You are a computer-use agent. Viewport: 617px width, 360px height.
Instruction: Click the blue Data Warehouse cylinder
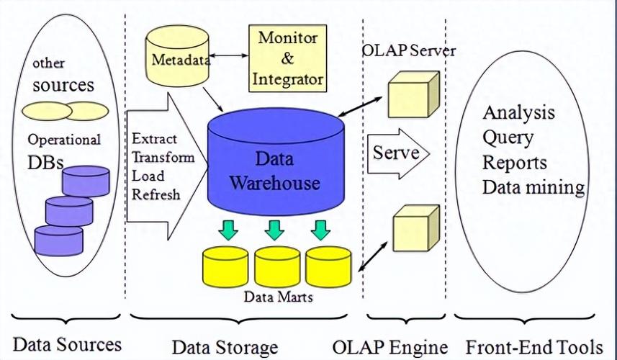pyautogui.click(x=274, y=169)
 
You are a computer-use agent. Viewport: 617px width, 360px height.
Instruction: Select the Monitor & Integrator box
pyautogui.click(x=286, y=57)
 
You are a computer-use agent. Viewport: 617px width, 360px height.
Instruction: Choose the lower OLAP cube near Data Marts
pyautogui.click(x=414, y=229)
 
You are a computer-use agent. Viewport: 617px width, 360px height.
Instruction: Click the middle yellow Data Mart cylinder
pyautogui.click(x=276, y=266)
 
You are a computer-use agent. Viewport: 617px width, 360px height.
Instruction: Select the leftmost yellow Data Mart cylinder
pyautogui.click(x=225, y=266)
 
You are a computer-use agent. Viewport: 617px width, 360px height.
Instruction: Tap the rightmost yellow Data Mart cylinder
pyautogui.click(x=328, y=266)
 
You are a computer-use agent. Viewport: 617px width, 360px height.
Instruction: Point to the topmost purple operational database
pyautogui.click(x=85, y=181)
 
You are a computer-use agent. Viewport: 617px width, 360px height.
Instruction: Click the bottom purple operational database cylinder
pyautogui.click(x=58, y=240)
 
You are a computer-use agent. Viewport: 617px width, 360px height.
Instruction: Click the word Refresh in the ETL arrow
pyautogui.click(x=156, y=194)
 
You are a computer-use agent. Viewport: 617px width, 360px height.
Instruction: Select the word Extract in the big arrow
pyautogui.click(x=154, y=138)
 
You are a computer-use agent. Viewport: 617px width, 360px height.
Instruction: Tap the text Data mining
pyautogui.click(x=533, y=187)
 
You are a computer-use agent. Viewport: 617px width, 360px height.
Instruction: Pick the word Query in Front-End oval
pyautogui.click(x=508, y=138)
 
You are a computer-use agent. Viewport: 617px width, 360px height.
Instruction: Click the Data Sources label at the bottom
pyautogui.click(x=67, y=343)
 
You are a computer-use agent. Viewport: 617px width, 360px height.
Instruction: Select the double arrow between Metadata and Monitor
pyautogui.click(x=230, y=55)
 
